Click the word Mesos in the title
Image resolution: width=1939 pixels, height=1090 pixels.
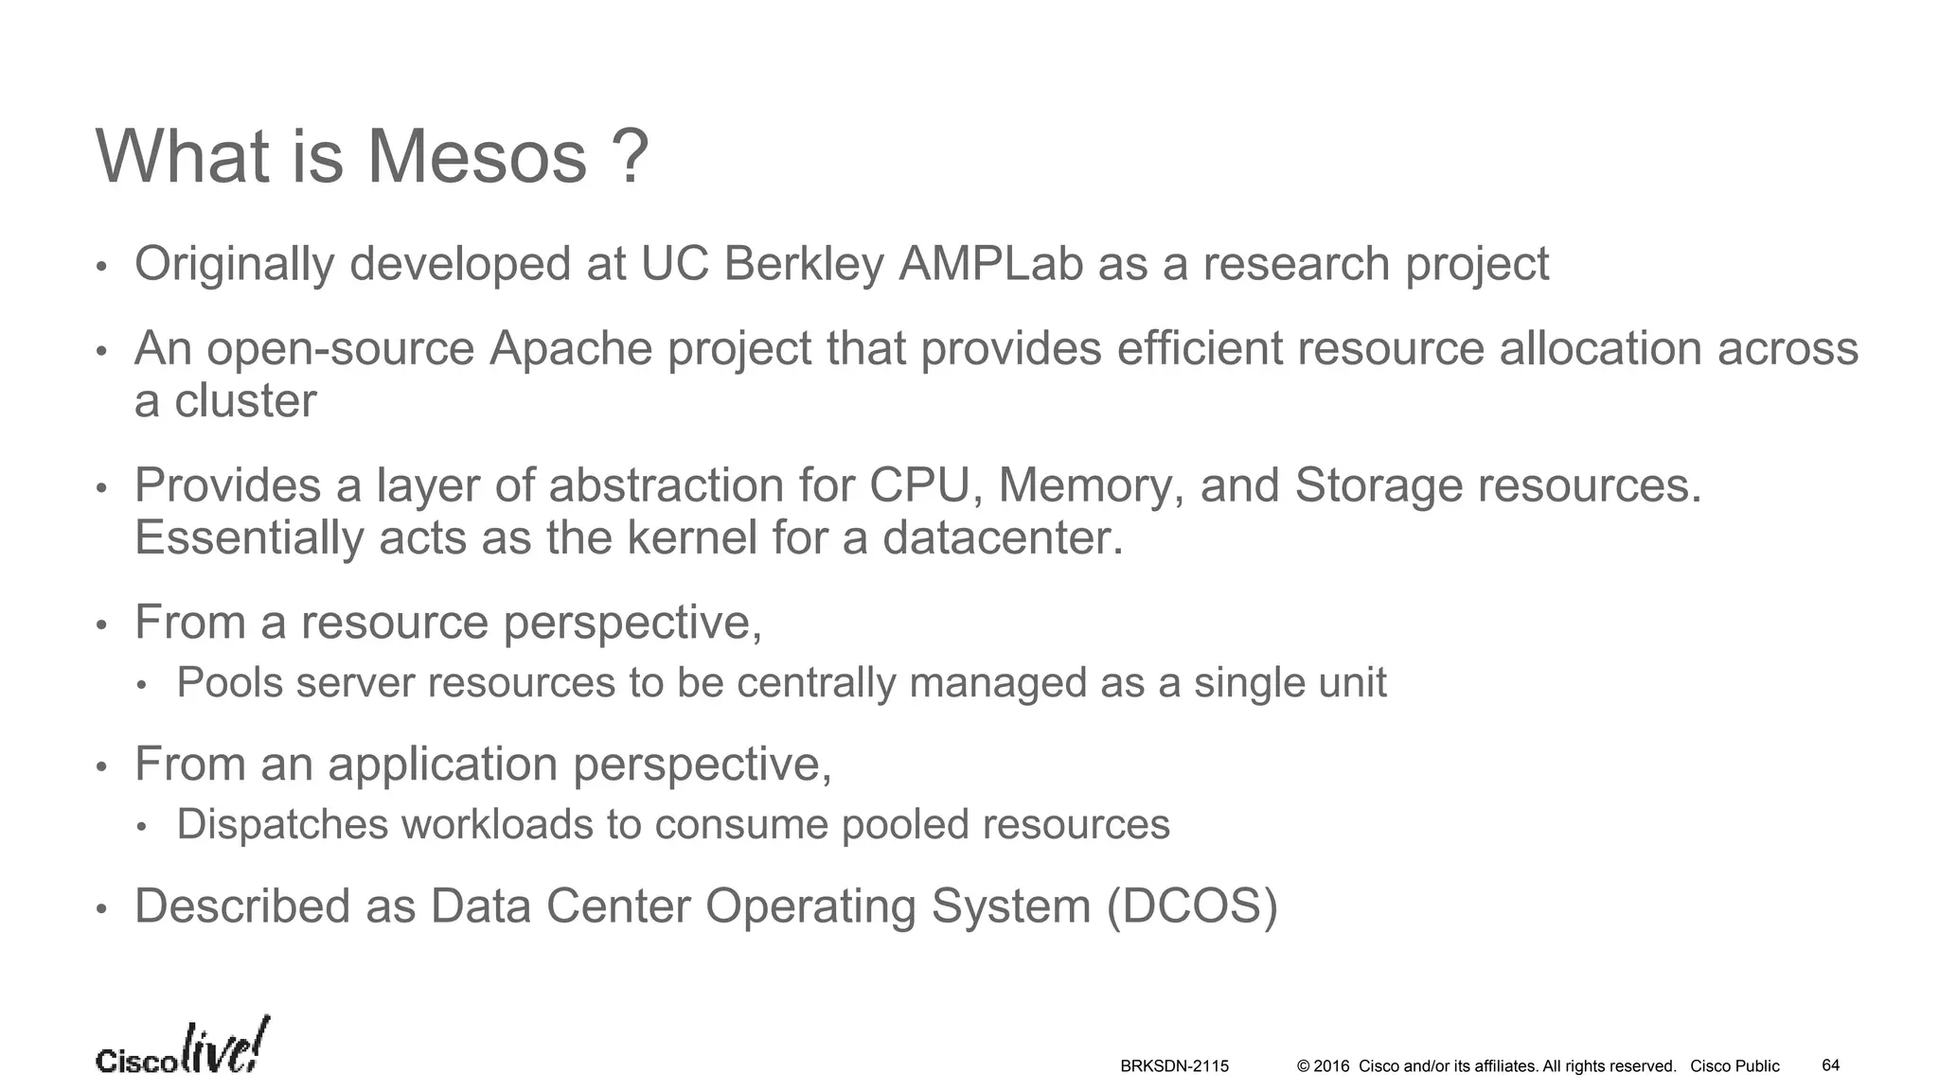coord(476,156)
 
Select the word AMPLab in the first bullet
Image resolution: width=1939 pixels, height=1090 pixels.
coord(990,263)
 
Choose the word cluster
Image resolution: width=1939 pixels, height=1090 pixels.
coord(245,401)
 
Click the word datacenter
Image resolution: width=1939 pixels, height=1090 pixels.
coord(1003,537)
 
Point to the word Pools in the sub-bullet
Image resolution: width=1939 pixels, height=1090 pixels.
coord(230,682)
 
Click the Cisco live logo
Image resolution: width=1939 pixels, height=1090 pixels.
coord(183,1047)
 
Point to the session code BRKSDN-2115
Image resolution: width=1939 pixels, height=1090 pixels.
coord(1174,1066)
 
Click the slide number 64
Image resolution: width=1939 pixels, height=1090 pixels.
coord(1830,1065)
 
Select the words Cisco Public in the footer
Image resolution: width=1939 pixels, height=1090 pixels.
coord(1734,1066)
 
